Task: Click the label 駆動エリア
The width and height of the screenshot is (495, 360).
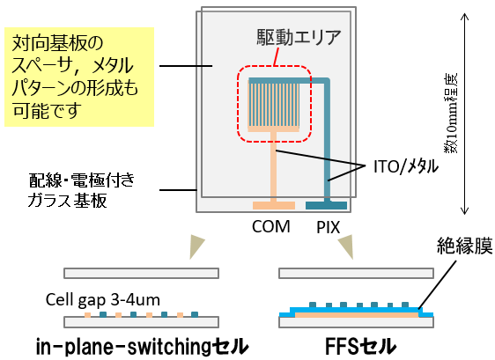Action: (x=299, y=38)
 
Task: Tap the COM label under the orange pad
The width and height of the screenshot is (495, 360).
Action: (x=271, y=226)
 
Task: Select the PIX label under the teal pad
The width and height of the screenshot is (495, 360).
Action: (x=328, y=227)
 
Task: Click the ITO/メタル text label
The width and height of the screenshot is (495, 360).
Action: (x=406, y=166)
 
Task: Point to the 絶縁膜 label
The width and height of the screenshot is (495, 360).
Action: (x=464, y=246)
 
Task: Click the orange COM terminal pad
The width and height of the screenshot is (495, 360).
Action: (x=274, y=206)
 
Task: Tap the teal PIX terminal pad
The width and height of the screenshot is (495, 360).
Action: (x=326, y=206)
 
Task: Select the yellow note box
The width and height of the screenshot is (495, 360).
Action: (x=79, y=77)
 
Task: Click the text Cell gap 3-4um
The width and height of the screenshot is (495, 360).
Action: (x=102, y=300)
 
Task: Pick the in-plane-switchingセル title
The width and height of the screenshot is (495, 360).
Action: (x=142, y=346)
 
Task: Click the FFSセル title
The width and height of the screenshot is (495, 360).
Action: (x=360, y=346)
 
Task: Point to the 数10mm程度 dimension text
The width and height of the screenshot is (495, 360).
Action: (x=451, y=114)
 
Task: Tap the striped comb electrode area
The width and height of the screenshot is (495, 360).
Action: (x=274, y=106)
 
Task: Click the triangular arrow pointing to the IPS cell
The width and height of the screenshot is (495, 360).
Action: (x=196, y=246)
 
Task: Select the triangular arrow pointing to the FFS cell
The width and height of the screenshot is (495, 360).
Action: (x=346, y=246)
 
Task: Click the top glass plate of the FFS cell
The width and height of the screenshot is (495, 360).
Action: (x=356, y=273)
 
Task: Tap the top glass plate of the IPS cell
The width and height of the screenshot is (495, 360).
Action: (x=142, y=273)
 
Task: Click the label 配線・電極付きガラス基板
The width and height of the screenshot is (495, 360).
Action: (x=81, y=190)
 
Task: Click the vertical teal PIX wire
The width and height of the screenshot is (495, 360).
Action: (x=327, y=141)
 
